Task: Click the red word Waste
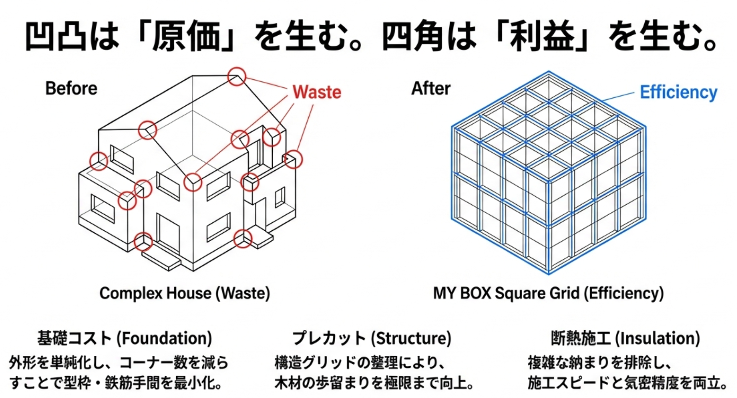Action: (x=316, y=92)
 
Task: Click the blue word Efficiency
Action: (x=678, y=92)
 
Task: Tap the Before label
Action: (x=71, y=88)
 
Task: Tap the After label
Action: (x=431, y=88)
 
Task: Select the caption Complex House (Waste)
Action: (x=185, y=293)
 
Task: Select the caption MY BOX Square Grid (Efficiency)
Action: (x=548, y=293)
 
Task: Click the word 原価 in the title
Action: (x=188, y=36)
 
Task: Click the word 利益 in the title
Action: (x=542, y=36)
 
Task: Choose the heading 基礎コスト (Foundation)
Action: (x=124, y=338)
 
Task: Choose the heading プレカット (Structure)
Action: (x=372, y=338)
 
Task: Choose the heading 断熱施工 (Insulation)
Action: (x=625, y=338)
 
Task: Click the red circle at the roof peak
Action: (x=237, y=76)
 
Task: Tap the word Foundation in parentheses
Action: (x=164, y=338)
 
